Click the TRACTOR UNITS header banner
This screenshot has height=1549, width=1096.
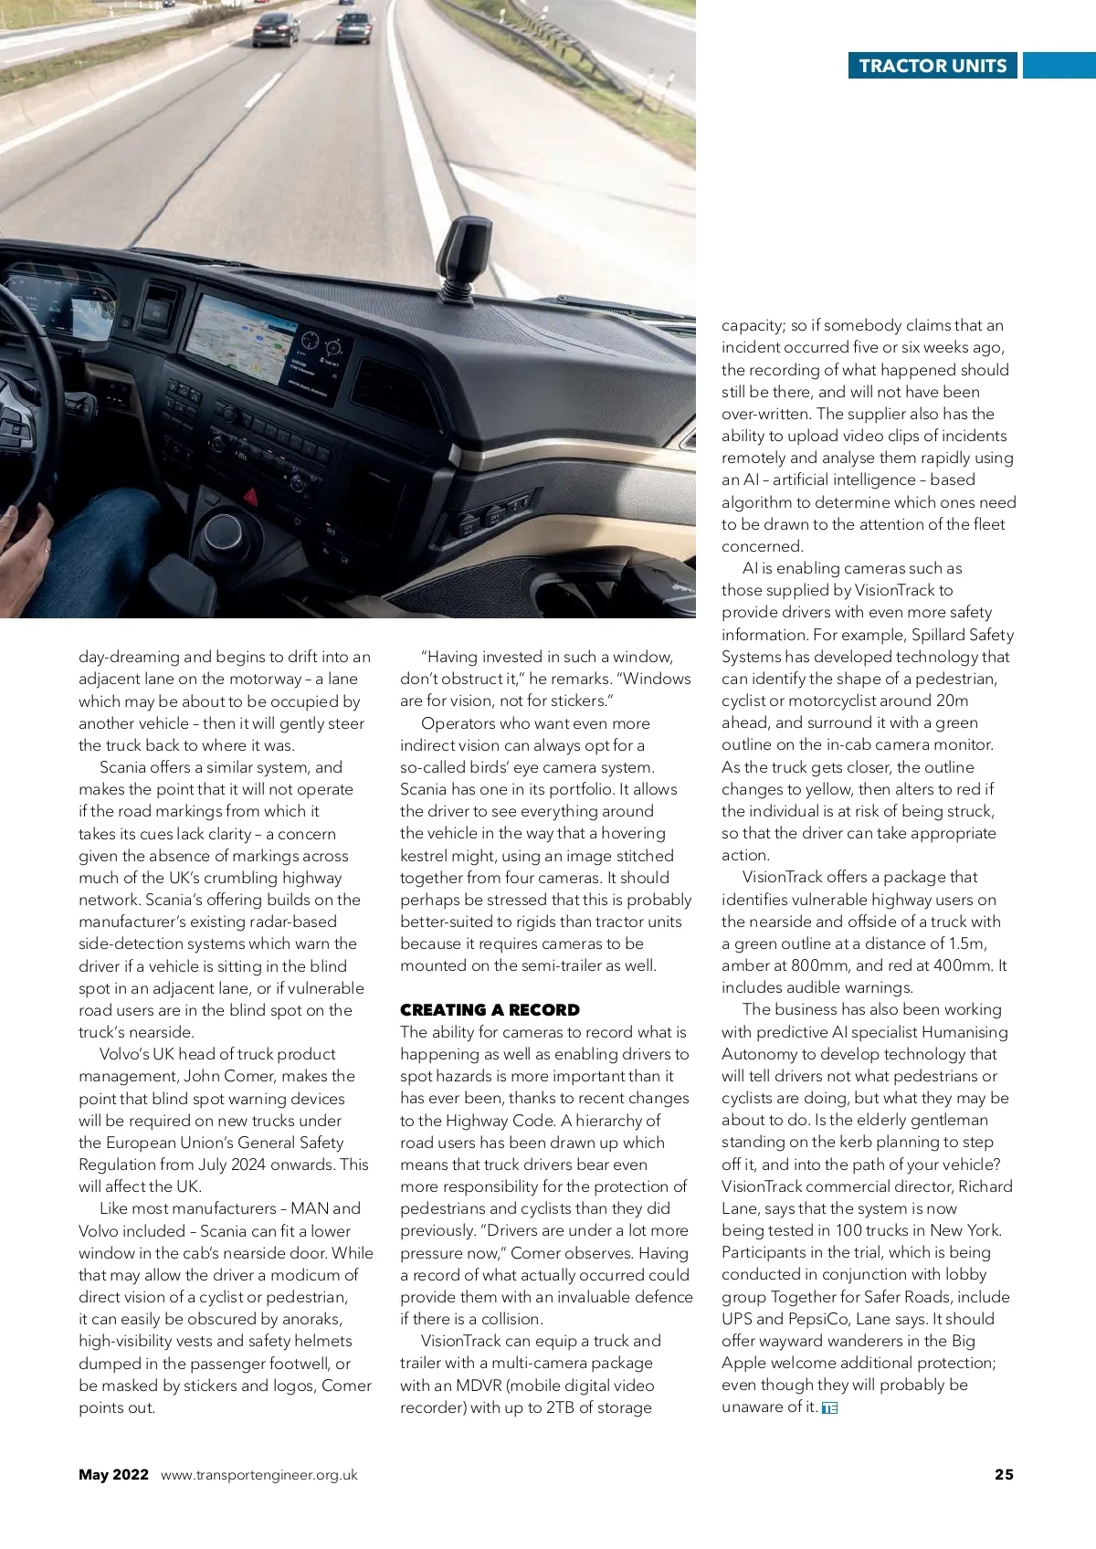point(933,66)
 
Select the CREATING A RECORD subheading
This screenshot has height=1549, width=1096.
point(490,1009)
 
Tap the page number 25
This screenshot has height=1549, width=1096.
point(1004,1474)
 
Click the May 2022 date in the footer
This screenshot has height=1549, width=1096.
point(113,1474)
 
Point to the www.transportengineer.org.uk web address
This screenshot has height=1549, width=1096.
point(258,1475)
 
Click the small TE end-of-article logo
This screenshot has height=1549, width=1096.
point(829,1407)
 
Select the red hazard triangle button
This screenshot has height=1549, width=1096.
point(250,496)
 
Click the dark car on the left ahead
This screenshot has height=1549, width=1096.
point(275,30)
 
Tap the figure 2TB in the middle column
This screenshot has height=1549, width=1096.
point(561,1407)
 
